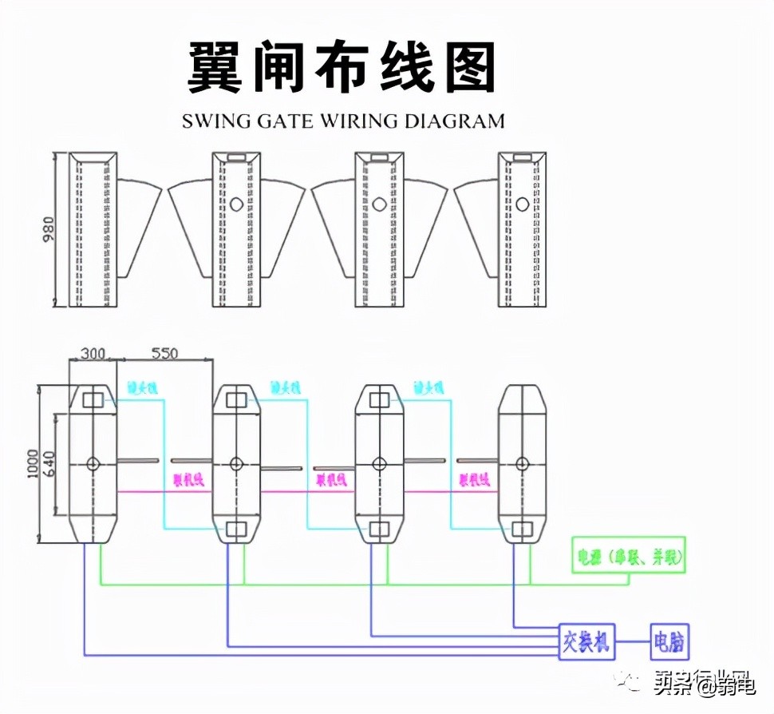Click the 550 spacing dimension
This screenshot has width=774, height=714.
(x=164, y=352)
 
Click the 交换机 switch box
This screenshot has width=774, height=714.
(x=587, y=641)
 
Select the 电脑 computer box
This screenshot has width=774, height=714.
(x=669, y=641)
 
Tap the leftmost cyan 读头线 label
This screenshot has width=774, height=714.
(x=143, y=388)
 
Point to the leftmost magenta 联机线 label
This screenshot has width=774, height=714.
(x=189, y=480)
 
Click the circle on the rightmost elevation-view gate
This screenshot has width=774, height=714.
(x=523, y=204)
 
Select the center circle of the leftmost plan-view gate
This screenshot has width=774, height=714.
(x=93, y=463)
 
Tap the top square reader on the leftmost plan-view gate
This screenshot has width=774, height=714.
(x=93, y=398)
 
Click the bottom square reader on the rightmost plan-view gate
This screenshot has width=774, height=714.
(x=523, y=529)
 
